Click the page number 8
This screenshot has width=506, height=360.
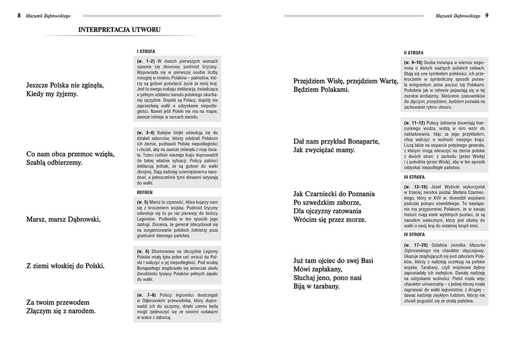19,16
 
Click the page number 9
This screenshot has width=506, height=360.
487,16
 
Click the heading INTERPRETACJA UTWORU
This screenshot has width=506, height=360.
119,30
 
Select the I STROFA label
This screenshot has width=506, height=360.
146,51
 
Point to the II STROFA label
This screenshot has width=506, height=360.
413,53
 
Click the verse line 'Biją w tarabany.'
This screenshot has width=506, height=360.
316,286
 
